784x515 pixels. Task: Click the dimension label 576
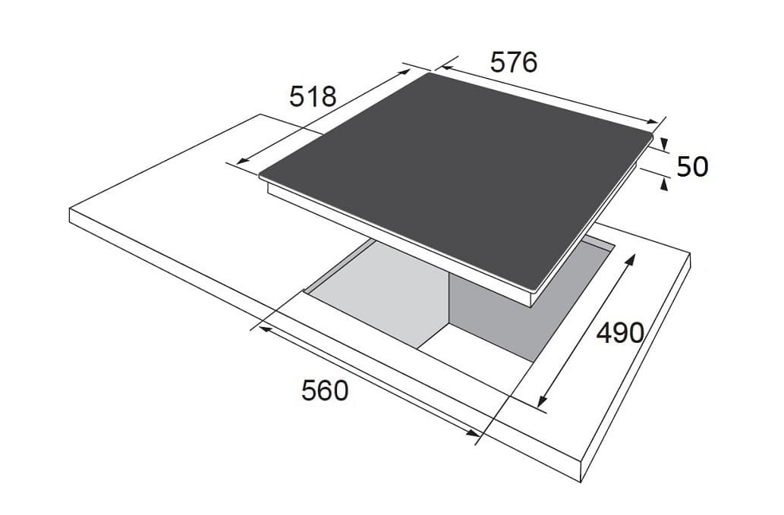pyautogui.click(x=514, y=62)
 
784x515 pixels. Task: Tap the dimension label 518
pyautogui.click(x=313, y=96)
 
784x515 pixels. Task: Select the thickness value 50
pyautogui.click(x=692, y=167)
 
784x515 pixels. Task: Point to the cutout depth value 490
pyautogui.click(x=620, y=332)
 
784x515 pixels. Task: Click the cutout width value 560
pyautogui.click(x=325, y=391)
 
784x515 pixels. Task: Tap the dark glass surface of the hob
pyautogui.click(x=455, y=175)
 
